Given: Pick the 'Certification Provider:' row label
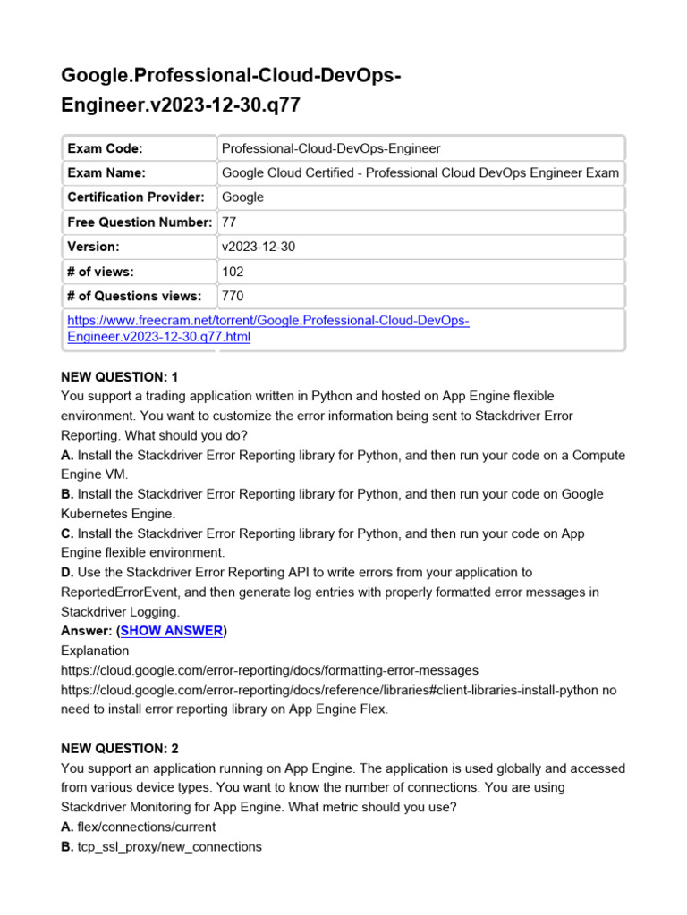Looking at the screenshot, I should (136, 197).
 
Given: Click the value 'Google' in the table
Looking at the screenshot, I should (242, 197).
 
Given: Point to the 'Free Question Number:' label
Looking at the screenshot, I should (140, 222).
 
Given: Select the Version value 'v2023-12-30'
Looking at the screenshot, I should (259, 247).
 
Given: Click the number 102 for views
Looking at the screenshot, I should (233, 272).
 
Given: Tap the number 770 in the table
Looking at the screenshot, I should (233, 296).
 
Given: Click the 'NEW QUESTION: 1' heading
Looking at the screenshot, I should (124, 376).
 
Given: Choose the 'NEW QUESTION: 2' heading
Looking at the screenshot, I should (124, 749).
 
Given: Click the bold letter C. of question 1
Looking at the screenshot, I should (67, 533).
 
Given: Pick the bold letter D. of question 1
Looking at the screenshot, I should (67, 572).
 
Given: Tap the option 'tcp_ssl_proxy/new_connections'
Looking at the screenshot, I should (169, 846).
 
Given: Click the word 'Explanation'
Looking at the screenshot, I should (95, 651).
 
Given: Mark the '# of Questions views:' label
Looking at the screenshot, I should (134, 296).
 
